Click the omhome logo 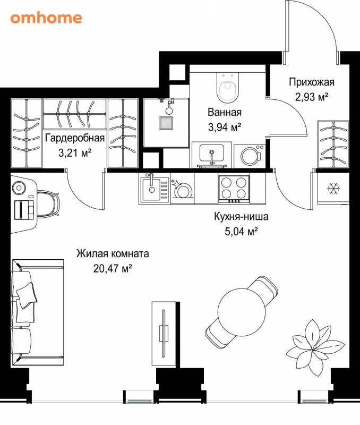pos(46,18)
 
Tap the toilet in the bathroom pos(228,87)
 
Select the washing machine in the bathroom pos(250,156)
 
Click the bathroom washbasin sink pos(211,154)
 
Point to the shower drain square pos(166,123)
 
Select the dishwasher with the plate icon pos(182,189)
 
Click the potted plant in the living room pos(315,348)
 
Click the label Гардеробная pos(75,138)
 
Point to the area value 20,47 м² pos(113,269)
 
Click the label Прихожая pos(312,82)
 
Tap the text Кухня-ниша pos(242,217)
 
